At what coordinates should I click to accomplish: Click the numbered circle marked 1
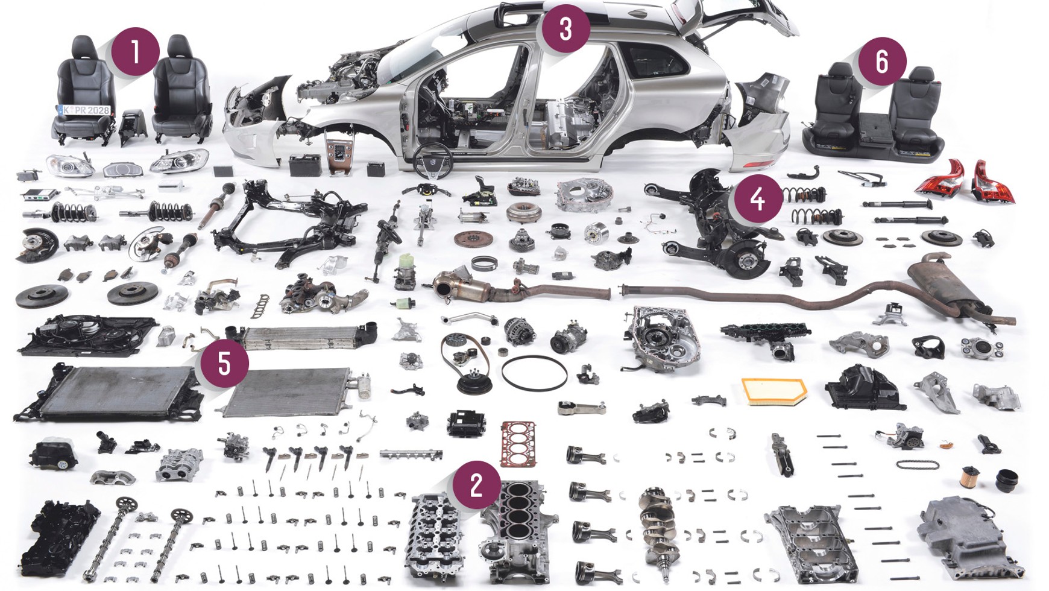[x=135, y=51]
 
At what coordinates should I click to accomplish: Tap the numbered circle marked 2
[x=476, y=484]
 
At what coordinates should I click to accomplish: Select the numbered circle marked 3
[x=565, y=28]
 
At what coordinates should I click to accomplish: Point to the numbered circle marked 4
[x=758, y=198]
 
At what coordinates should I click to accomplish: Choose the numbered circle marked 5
[x=224, y=363]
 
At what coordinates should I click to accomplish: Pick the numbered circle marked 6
[x=882, y=61]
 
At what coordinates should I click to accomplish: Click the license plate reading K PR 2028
[x=84, y=110]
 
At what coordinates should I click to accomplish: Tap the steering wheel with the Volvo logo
[x=433, y=161]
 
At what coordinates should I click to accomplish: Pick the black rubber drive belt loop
[x=534, y=373]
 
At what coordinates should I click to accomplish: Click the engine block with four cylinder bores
[x=518, y=531]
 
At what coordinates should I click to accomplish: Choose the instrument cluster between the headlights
[x=123, y=169]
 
